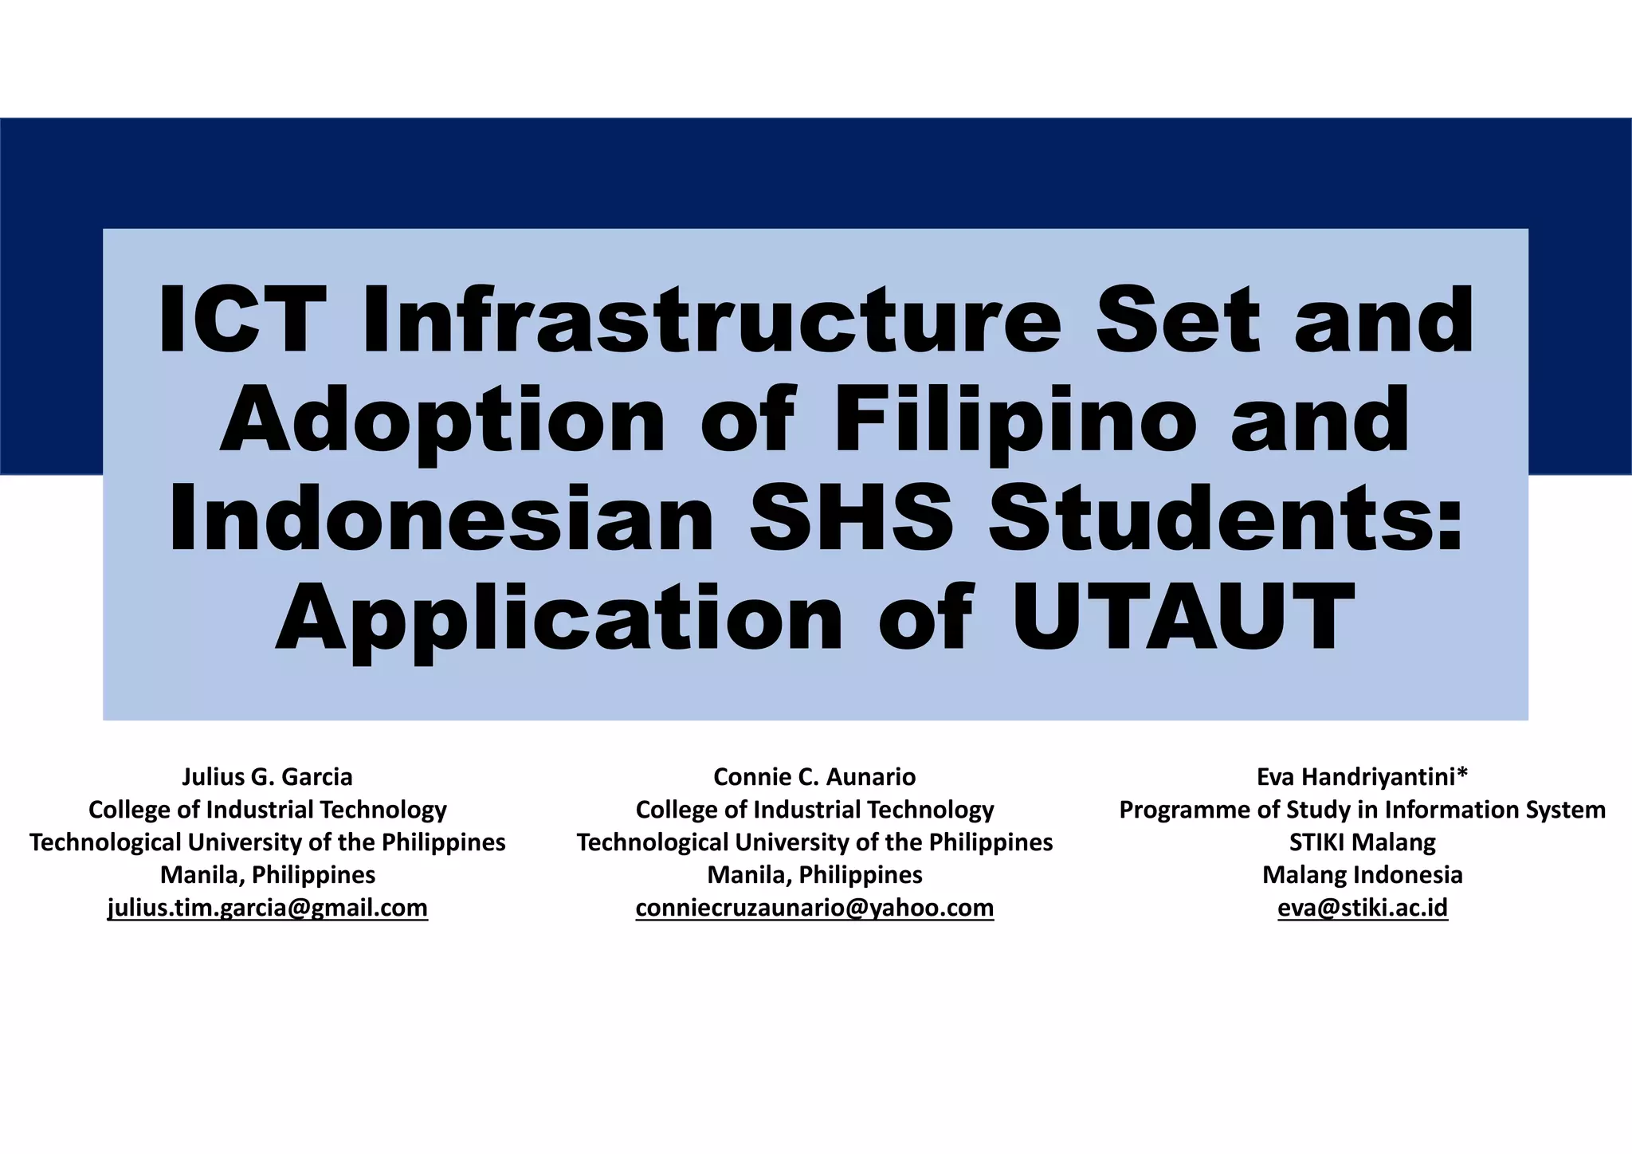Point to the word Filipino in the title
tap(1015, 419)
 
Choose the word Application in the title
tap(559, 618)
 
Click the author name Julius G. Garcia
tap(267, 776)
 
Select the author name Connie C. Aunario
tap(814, 776)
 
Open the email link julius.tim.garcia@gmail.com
tap(268, 908)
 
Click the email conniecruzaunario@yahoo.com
tap(814, 908)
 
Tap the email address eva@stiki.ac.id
tap(1362, 908)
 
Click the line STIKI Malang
tap(1362, 842)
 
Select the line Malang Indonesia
tap(1362, 874)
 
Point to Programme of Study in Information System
tap(1362, 809)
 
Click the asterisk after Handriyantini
tap(1461, 773)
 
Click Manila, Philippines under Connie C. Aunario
tap(814, 874)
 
